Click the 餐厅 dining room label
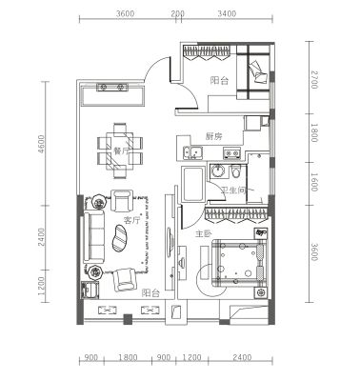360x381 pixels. [121, 151]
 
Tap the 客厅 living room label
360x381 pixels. [131, 221]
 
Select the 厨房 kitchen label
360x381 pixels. [213, 136]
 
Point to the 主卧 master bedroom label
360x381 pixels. [203, 234]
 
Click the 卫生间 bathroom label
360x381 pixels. [234, 190]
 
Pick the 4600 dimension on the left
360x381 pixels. [42, 145]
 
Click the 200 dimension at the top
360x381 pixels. [177, 13]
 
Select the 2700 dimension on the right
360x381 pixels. [313, 80]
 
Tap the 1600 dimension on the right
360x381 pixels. [313, 182]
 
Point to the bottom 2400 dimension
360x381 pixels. [242, 358]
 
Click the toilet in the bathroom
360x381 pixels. [235, 171]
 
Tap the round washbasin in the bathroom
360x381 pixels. [217, 170]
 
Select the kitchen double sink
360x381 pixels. [192, 152]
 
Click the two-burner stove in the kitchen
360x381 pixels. [231, 152]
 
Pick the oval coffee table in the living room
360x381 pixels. [120, 238]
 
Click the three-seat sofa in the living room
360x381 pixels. [94, 236]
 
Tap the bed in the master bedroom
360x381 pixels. [240, 262]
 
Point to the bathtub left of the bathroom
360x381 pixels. [193, 184]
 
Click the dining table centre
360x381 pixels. [120, 150]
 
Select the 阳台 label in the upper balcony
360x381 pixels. [219, 81]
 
